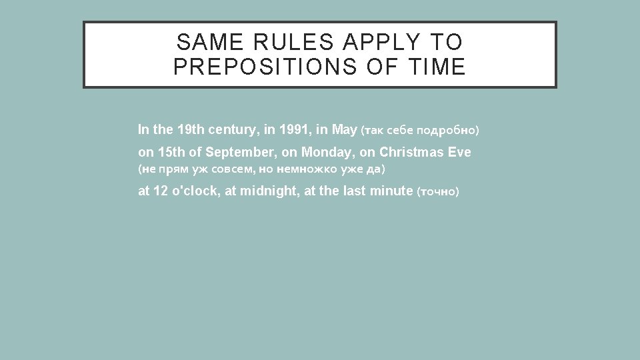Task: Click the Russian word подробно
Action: (x=449, y=129)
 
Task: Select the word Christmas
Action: (x=411, y=152)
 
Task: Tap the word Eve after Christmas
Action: (x=459, y=152)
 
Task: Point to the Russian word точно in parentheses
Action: (x=437, y=193)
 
